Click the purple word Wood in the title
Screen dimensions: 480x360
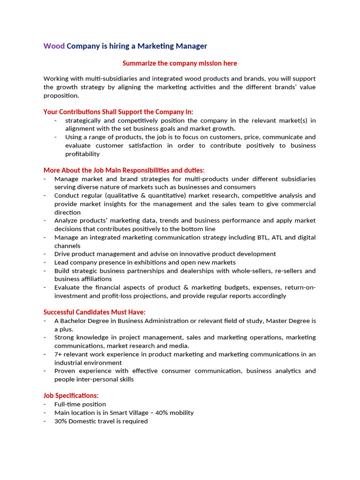click(54, 46)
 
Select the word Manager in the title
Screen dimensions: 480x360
click(191, 46)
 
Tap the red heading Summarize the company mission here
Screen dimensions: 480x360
click(180, 63)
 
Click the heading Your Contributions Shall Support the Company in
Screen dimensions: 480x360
click(118, 112)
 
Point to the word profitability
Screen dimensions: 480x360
click(82, 154)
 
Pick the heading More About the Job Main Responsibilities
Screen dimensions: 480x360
click(124, 170)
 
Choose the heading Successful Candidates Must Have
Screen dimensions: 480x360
click(94, 312)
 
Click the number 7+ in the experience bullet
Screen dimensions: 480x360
click(59, 354)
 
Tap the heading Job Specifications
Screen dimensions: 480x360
click(71, 396)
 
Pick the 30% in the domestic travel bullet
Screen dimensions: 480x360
click(61, 421)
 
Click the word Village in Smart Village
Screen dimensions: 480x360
click(135, 412)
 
